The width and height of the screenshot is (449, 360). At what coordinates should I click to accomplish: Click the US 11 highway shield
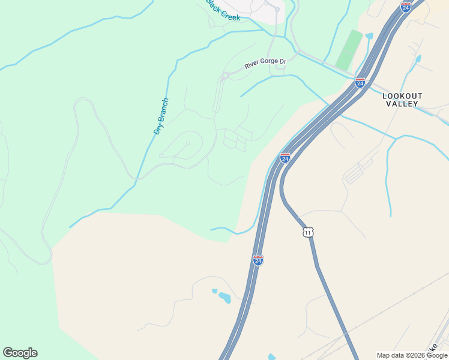[307, 232]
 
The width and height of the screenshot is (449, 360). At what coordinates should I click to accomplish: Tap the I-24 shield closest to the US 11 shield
[258, 260]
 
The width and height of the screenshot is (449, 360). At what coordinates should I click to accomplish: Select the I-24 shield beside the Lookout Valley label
[360, 82]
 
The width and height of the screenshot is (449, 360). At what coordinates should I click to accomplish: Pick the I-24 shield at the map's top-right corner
[406, 7]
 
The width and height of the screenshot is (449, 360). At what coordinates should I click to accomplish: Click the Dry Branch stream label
[161, 116]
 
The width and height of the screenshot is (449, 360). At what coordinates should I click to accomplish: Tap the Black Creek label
[223, 11]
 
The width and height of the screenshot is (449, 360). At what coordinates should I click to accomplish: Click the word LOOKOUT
[402, 96]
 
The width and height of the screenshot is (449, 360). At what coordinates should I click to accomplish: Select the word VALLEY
[402, 104]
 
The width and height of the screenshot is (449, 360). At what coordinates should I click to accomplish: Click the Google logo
[20, 353]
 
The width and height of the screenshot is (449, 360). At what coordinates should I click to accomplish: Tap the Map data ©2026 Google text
[412, 355]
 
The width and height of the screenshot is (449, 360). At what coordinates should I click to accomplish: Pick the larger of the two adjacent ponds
[224, 298]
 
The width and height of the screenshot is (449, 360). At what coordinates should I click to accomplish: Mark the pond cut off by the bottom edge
[271, 357]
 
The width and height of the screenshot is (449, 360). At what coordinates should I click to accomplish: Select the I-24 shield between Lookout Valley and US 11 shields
[285, 158]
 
